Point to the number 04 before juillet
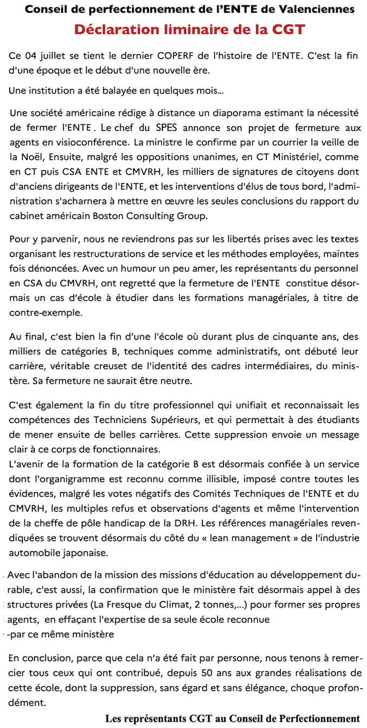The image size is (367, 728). click(31, 56)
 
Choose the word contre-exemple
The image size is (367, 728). click(40, 312)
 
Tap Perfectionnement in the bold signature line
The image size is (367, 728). click(319, 718)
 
